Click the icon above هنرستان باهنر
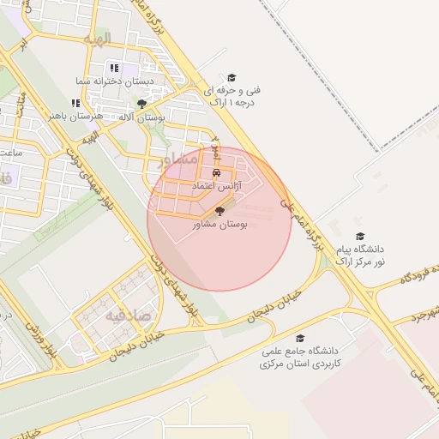[x=75, y=103]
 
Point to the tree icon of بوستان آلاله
[x=141, y=104]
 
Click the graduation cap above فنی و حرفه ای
[x=229, y=76]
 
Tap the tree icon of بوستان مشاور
[x=219, y=210]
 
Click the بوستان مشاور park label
[x=219, y=224]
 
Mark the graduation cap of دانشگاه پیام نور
[x=360, y=235]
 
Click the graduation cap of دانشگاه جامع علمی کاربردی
[x=300, y=338]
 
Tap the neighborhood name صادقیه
[x=129, y=316]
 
